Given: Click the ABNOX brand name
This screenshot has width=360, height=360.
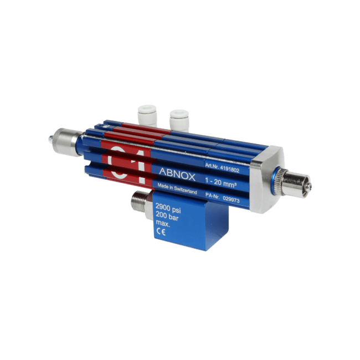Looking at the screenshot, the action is pos(177,174).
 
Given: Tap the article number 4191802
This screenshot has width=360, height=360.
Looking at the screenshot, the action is pos(230,169).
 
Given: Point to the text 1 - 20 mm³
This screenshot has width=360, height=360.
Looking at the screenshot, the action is pos(221,183).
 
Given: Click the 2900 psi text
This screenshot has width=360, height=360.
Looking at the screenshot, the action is pos(168,208).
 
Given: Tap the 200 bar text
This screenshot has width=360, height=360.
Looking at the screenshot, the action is pos(167,216).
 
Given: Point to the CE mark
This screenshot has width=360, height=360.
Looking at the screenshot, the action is pos(161,233).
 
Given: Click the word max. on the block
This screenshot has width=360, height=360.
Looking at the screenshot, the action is pos(163,224).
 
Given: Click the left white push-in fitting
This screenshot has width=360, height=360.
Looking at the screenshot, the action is pos(147,115).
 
